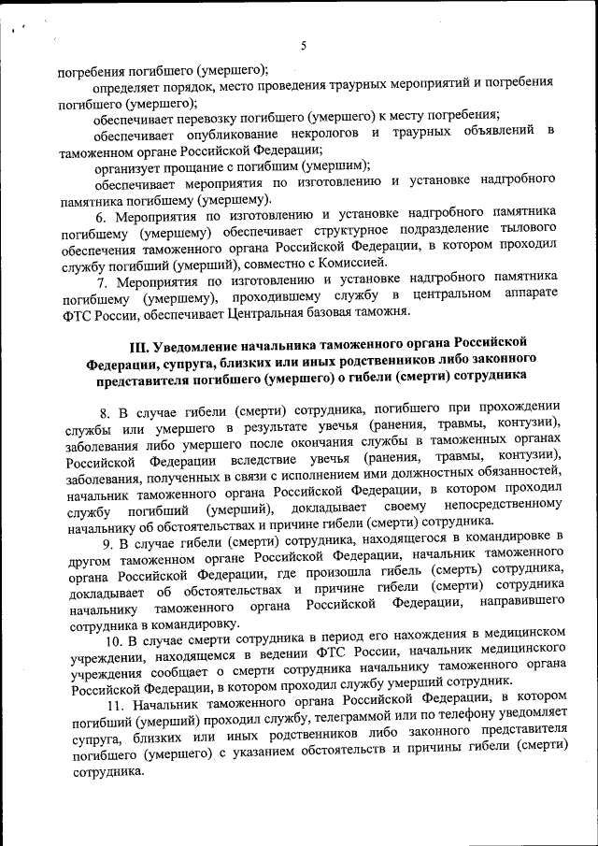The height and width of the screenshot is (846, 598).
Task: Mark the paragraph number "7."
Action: pos(106,278)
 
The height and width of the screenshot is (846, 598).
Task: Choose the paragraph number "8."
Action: pos(106,409)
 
